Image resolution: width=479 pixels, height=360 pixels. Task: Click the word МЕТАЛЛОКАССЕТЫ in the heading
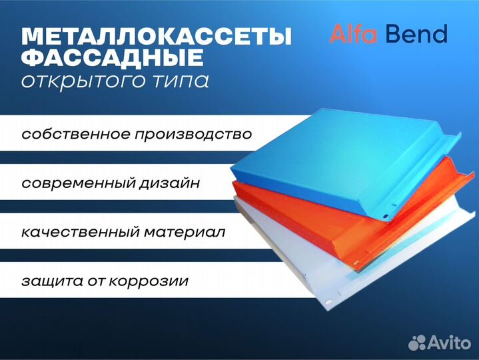157,37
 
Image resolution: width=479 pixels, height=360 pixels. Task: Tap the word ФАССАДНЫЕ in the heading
113,57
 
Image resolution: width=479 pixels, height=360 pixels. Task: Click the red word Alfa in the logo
354,33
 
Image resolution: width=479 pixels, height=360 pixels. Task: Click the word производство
194,135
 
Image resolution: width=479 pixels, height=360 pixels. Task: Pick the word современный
79,184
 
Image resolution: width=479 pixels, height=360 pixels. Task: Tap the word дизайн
170,183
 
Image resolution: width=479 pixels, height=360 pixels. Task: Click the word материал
185,233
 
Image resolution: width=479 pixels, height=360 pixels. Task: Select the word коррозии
149,282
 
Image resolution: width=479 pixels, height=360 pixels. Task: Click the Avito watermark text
450,342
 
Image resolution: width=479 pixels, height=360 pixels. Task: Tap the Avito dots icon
417,343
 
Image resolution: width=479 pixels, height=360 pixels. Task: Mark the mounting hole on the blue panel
385,217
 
